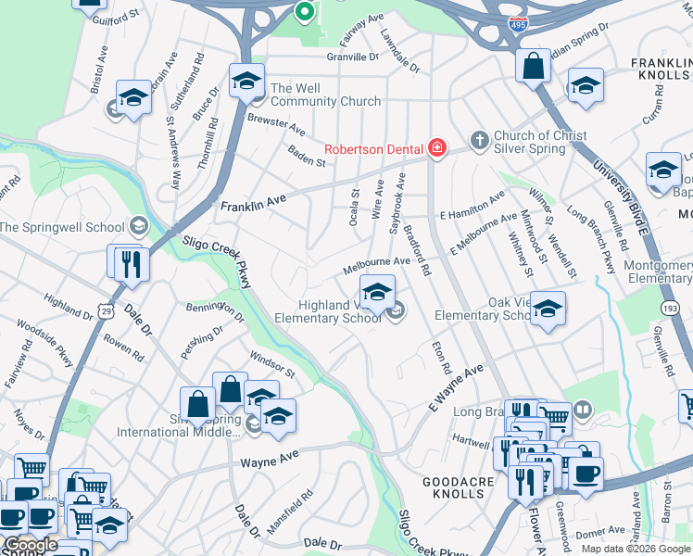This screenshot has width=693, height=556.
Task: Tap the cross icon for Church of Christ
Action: click(x=479, y=140)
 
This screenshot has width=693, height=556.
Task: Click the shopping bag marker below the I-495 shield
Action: click(x=533, y=67)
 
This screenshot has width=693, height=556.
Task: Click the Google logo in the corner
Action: click(x=31, y=545)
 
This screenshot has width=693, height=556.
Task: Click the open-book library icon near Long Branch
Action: click(x=582, y=409)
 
